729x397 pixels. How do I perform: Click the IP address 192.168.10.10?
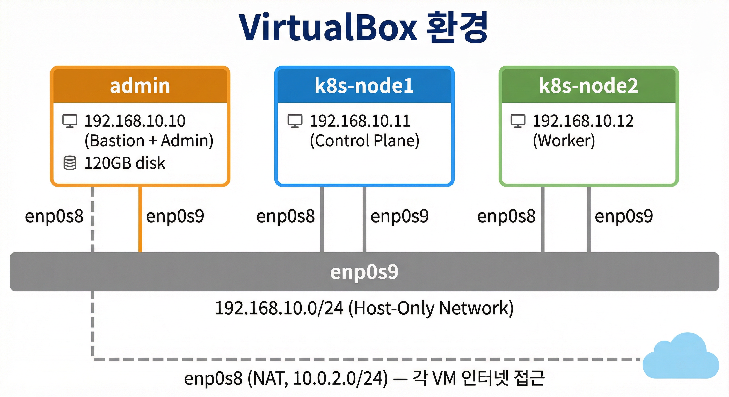tap(135, 121)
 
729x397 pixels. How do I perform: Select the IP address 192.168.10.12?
tap(583, 121)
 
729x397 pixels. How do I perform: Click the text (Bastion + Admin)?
tap(149, 141)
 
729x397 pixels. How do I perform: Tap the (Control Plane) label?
tap(364, 141)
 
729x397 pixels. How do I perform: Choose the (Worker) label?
tap(564, 141)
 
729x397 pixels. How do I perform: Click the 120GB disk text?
tap(125, 163)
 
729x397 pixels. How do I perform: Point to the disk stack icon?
tap(70, 163)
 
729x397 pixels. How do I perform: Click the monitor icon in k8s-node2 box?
tap(517, 121)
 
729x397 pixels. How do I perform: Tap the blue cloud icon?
tap(681, 357)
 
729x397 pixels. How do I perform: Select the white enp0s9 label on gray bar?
tap(364, 272)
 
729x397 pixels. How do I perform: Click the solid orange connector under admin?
tap(140, 219)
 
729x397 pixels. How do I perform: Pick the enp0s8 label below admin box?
tap(54, 216)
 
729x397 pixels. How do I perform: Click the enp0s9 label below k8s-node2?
tap(624, 216)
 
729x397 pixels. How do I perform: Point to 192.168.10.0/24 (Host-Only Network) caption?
tap(364, 308)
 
